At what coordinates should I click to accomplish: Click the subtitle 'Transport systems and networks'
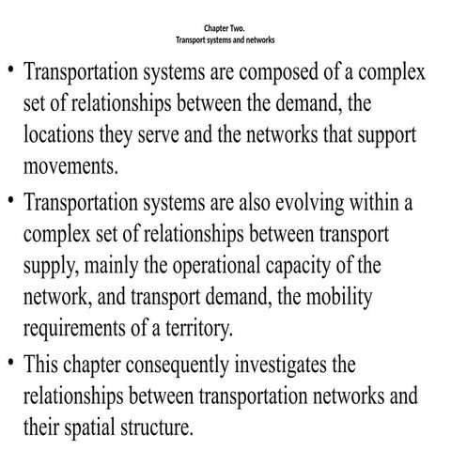tap(225, 41)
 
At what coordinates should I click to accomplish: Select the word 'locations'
tap(60, 135)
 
